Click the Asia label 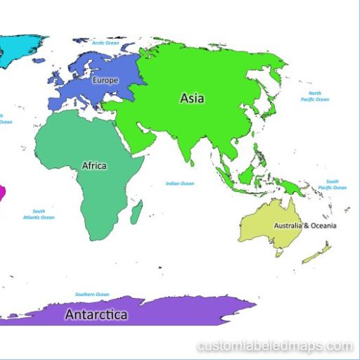[192, 98]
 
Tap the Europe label [105, 80]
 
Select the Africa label [94, 166]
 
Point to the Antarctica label [96, 314]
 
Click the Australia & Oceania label [304, 226]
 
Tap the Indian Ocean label [179, 184]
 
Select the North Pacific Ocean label [314, 96]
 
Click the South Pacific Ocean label [332, 184]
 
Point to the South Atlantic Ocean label [39, 214]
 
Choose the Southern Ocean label [92, 294]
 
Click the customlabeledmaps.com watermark [274, 346]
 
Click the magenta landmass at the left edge [2, 191]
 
